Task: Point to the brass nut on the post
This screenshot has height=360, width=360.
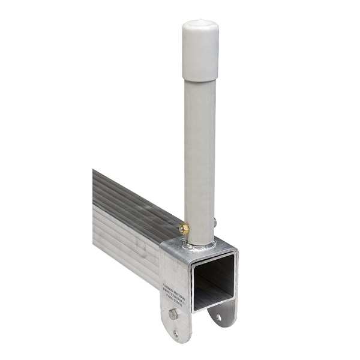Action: tap(184, 229)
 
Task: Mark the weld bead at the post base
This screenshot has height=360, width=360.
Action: tap(201, 245)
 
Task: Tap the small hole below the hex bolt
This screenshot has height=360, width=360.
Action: tap(176, 334)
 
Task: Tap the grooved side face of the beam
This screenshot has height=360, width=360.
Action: tap(126, 240)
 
